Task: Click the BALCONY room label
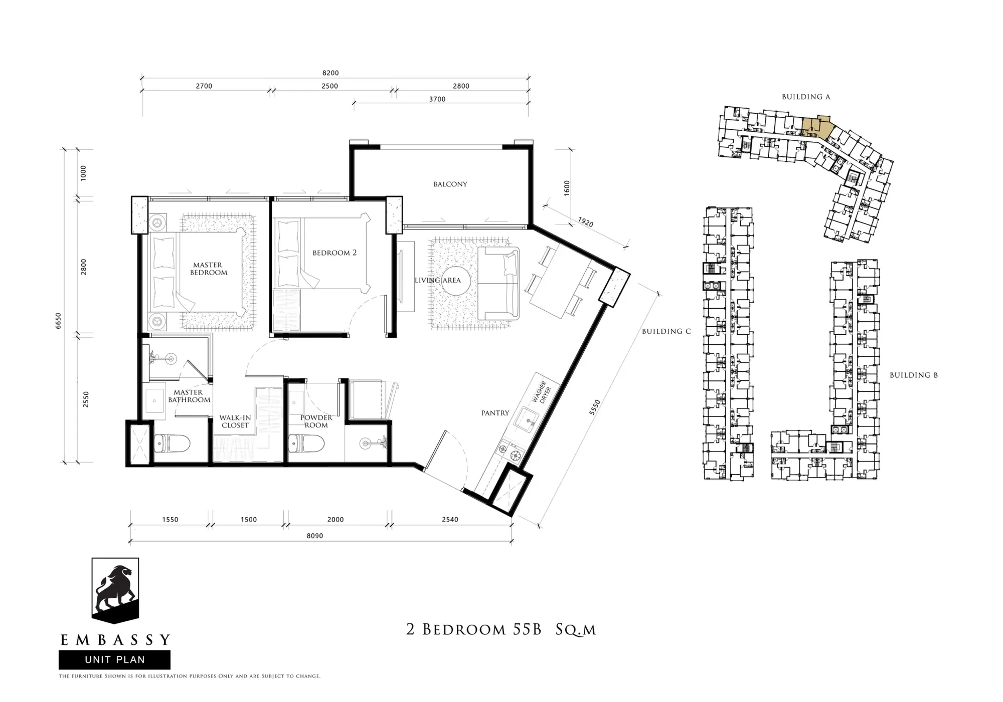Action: pos(450,184)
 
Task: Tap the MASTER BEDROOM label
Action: pos(208,269)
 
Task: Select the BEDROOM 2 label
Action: pos(335,253)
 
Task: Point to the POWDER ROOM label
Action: pos(316,421)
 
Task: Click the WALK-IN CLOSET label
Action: pos(235,421)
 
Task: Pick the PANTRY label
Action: pos(495,413)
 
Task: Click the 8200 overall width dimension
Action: pos(330,73)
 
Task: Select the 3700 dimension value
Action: pos(437,99)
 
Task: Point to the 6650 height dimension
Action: pos(58,321)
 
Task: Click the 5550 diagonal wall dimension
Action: pos(594,407)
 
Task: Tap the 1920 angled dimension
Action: pos(585,222)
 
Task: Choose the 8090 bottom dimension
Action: pos(315,536)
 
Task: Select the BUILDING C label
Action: pos(666,331)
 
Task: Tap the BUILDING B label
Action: pos(914,375)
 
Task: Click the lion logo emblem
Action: pos(115,590)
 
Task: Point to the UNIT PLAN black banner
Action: pos(114,659)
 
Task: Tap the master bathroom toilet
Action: pos(172,443)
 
